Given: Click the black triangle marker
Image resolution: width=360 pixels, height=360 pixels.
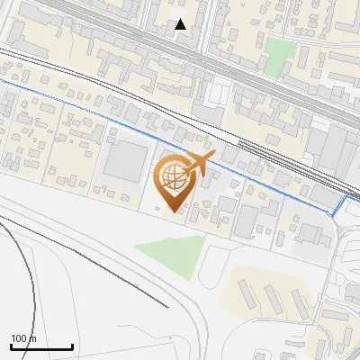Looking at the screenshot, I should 181,24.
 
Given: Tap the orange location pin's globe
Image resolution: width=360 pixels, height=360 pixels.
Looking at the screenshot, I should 174,176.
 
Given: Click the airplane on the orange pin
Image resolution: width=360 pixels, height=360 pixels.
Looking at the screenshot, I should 199,162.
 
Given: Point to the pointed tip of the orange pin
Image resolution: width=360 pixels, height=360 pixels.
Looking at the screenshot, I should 175,211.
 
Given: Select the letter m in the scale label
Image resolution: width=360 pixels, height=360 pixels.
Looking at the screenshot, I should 33,338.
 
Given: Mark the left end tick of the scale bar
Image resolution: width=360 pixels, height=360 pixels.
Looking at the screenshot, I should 11,346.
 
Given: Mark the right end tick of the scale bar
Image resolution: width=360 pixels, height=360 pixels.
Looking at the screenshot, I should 72,346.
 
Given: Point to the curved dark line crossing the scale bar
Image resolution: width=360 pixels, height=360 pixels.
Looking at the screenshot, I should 35,346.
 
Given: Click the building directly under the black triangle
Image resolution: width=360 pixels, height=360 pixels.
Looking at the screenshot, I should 180,41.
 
